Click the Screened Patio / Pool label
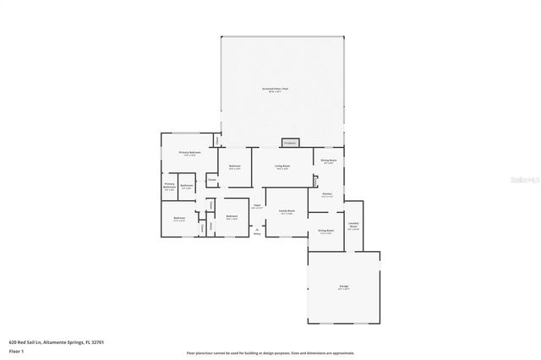tap(281, 90)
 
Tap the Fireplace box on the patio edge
tap(291, 142)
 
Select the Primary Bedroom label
tap(189, 153)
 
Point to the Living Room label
tap(281, 167)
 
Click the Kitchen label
tap(326, 195)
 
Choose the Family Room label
tap(287, 212)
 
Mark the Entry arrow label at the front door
tap(257, 232)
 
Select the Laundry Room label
tap(353, 225)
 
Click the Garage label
tap(344, 287)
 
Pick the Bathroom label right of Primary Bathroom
tap(187, 185)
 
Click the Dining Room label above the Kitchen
tap(328, 161)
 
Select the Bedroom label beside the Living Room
tap(234, 167)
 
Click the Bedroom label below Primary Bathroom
tap(179, 219)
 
